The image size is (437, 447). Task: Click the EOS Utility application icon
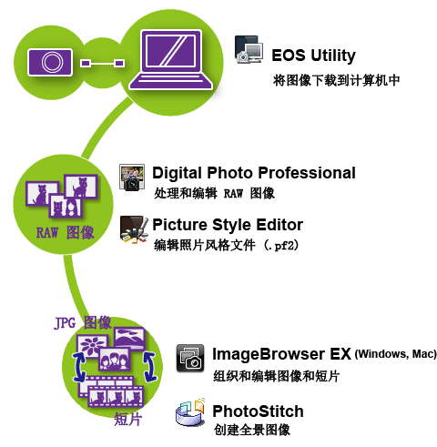(249, 49)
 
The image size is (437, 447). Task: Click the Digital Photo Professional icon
(132, 178)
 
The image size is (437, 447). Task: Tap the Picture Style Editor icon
(134, 229)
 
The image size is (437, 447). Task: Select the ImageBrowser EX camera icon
(190, 358)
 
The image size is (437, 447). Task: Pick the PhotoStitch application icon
(190, 411)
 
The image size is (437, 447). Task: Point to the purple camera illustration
(50, 62)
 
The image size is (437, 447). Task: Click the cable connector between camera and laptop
(103, 63)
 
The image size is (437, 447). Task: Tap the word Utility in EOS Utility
(333, 56)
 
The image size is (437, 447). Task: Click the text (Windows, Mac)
(396, 354)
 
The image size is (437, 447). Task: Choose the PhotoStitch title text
(258, 411)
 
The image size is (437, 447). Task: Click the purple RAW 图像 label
(66, 233)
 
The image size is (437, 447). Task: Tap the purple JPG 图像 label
(83, 323)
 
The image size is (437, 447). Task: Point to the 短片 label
(128, 420)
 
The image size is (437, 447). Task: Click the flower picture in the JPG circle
(93, 346)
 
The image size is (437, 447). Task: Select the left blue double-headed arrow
(79, 367)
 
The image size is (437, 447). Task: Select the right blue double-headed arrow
(150, 366)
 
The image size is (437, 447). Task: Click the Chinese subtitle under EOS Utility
(336, 81)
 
